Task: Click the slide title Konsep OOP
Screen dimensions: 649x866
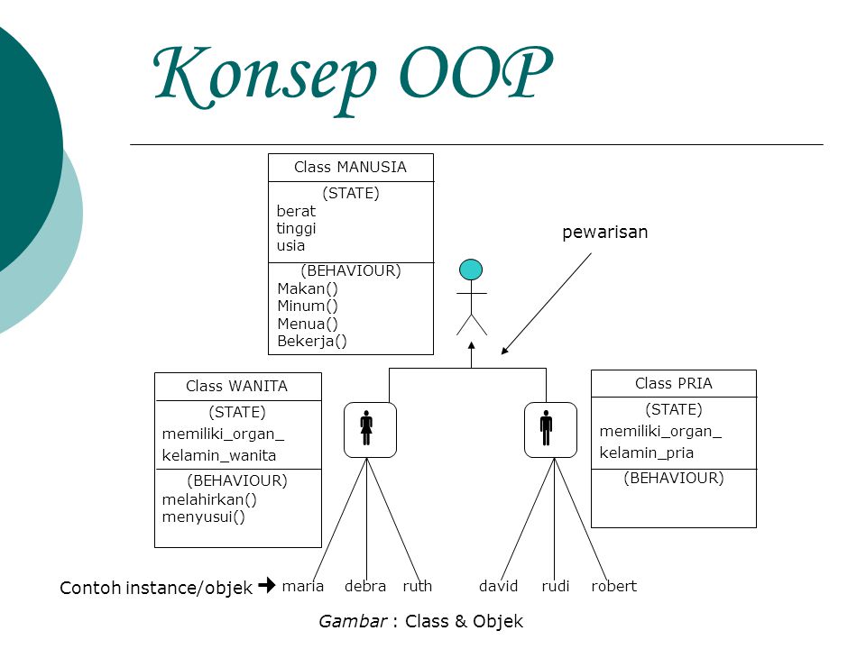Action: tap(352, 74)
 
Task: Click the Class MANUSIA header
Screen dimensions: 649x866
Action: tap(350, 167)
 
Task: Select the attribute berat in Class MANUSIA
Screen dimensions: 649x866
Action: tap(296, 211)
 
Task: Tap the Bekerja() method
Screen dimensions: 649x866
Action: tap(312, 341)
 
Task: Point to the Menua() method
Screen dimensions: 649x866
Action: tap(308, 324)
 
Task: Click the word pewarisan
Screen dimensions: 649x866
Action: tap(604, 233)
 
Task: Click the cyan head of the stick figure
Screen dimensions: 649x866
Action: tap(471, 270)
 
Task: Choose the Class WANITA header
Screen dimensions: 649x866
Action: tap(236, 386)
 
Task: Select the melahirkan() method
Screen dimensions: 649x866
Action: tap(209, 499)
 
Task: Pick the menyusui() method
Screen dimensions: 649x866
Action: tap(204, 516)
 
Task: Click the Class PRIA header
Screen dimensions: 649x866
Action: tap(673, 383)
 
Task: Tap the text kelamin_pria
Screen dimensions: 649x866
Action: tap(647, 452)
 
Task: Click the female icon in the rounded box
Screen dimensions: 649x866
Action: tap(366, 429)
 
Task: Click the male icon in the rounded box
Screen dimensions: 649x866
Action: tap(547, 429)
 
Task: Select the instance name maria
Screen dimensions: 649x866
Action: tap(303, 586)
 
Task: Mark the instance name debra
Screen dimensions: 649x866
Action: tap(365, 586)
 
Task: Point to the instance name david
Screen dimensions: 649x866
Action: tap(499, 586)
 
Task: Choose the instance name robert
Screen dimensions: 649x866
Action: tap(614, 586)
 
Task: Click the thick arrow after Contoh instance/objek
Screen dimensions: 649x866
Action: tap(266, 586)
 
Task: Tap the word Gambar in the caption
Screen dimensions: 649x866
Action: tap(352, 621)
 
